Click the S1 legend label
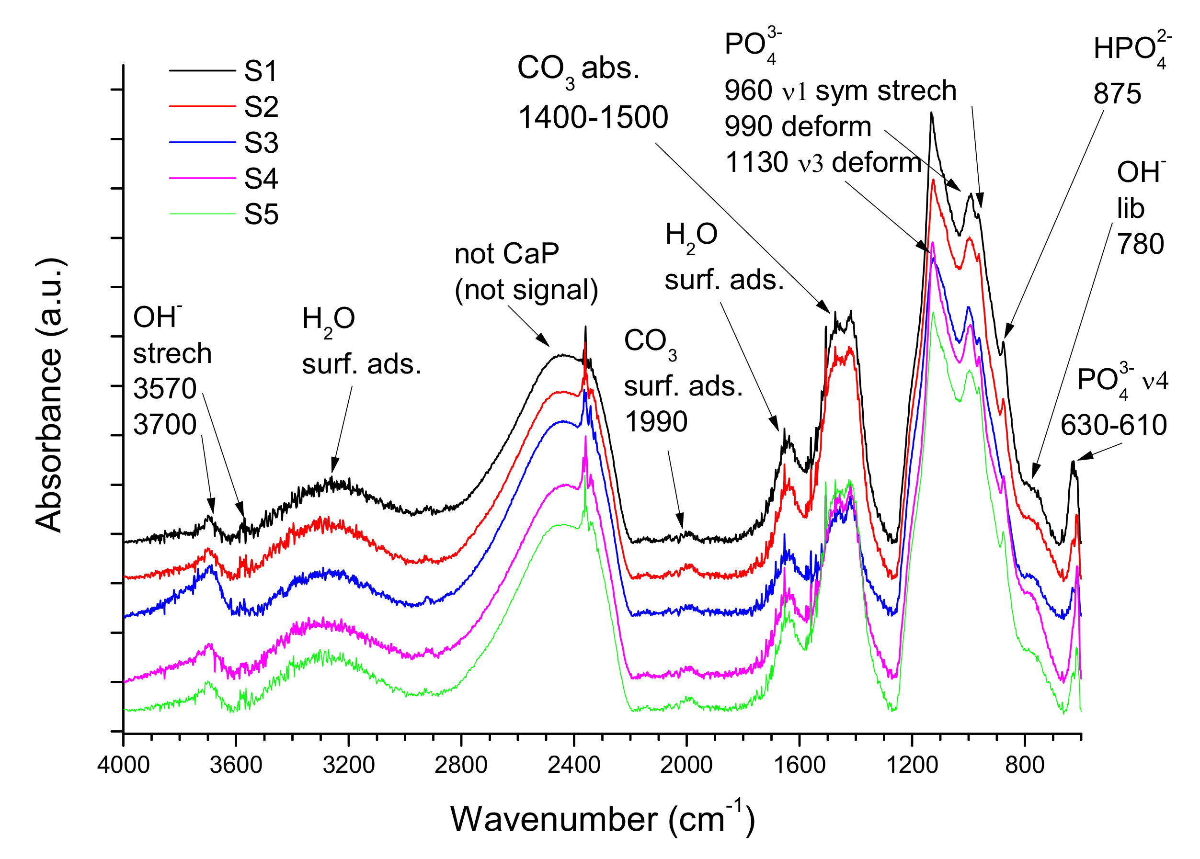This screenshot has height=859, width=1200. (x=261, y=71)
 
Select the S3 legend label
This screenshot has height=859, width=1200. (x=261, y=143)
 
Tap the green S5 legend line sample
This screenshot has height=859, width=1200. (x=202, y=214)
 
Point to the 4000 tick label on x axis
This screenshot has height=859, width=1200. (x=123, y=765)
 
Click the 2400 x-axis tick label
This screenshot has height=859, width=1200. (x=573, y=765)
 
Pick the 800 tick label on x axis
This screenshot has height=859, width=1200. (x=1025, y=765)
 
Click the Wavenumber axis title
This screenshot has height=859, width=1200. (x=603, y=819)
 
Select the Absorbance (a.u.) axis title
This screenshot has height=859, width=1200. (x=49, y=395)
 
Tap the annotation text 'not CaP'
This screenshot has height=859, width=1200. (x=506, y=254)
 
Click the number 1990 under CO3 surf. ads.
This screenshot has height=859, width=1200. (x=656, y=421)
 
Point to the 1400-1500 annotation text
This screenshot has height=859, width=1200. (x=593, y=117)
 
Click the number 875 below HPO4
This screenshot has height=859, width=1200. (x=1118, y=94)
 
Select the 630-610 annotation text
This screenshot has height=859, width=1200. (x=1113, y=425)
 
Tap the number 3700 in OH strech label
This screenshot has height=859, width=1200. (x=164, y=424)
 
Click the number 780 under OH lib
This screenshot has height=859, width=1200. (x=1140, y=244)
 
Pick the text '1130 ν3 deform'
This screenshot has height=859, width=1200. (x=823, y=162)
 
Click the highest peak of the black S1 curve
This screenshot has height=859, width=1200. (x=931, y=113)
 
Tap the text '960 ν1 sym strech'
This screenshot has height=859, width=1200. (x=840, y=90)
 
